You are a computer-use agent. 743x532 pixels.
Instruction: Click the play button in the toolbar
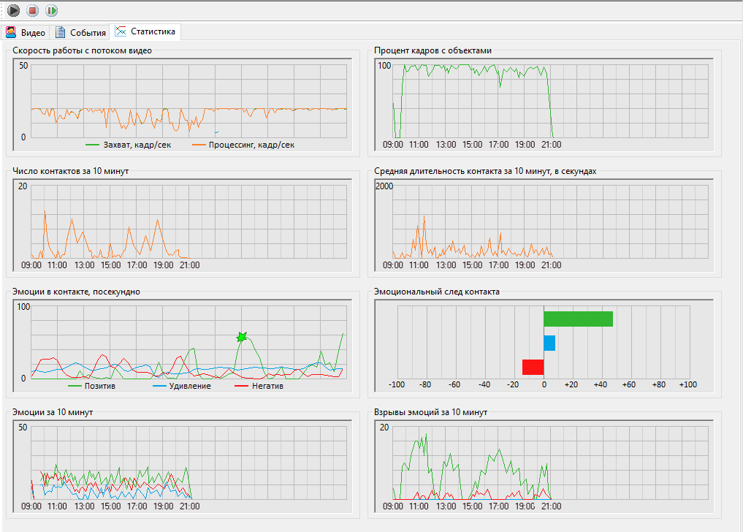tap(14, 10)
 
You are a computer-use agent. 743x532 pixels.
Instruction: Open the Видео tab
tap(26, 33)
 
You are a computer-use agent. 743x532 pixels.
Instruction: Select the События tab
tap(81, 33)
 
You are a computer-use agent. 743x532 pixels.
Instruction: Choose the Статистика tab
tap(145, 31)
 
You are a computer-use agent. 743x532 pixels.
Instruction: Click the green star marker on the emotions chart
tap(242, 337)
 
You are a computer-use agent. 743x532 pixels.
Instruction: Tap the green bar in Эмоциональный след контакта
tap(578, 319)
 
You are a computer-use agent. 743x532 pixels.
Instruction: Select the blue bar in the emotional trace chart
tap(549, 343)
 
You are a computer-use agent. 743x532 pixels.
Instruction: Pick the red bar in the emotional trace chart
tap(533, 367)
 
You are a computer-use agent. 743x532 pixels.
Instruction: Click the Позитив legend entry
tap(99, 386)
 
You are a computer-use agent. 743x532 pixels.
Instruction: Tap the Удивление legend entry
tap(189, 386)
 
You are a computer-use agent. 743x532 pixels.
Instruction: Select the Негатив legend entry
tap(267, 386)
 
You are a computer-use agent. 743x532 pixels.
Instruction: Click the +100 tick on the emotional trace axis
tap(687, 384)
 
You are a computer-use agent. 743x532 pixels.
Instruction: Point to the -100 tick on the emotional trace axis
tap(397, 384)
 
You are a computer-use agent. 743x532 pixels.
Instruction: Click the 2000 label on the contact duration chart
tap(384, 186)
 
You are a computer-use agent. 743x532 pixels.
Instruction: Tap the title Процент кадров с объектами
tap(433, 50)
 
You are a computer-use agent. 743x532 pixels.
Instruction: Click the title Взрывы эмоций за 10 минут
tap(430, 412)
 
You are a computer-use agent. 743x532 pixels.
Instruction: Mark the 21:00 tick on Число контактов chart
tap(189, 265)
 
